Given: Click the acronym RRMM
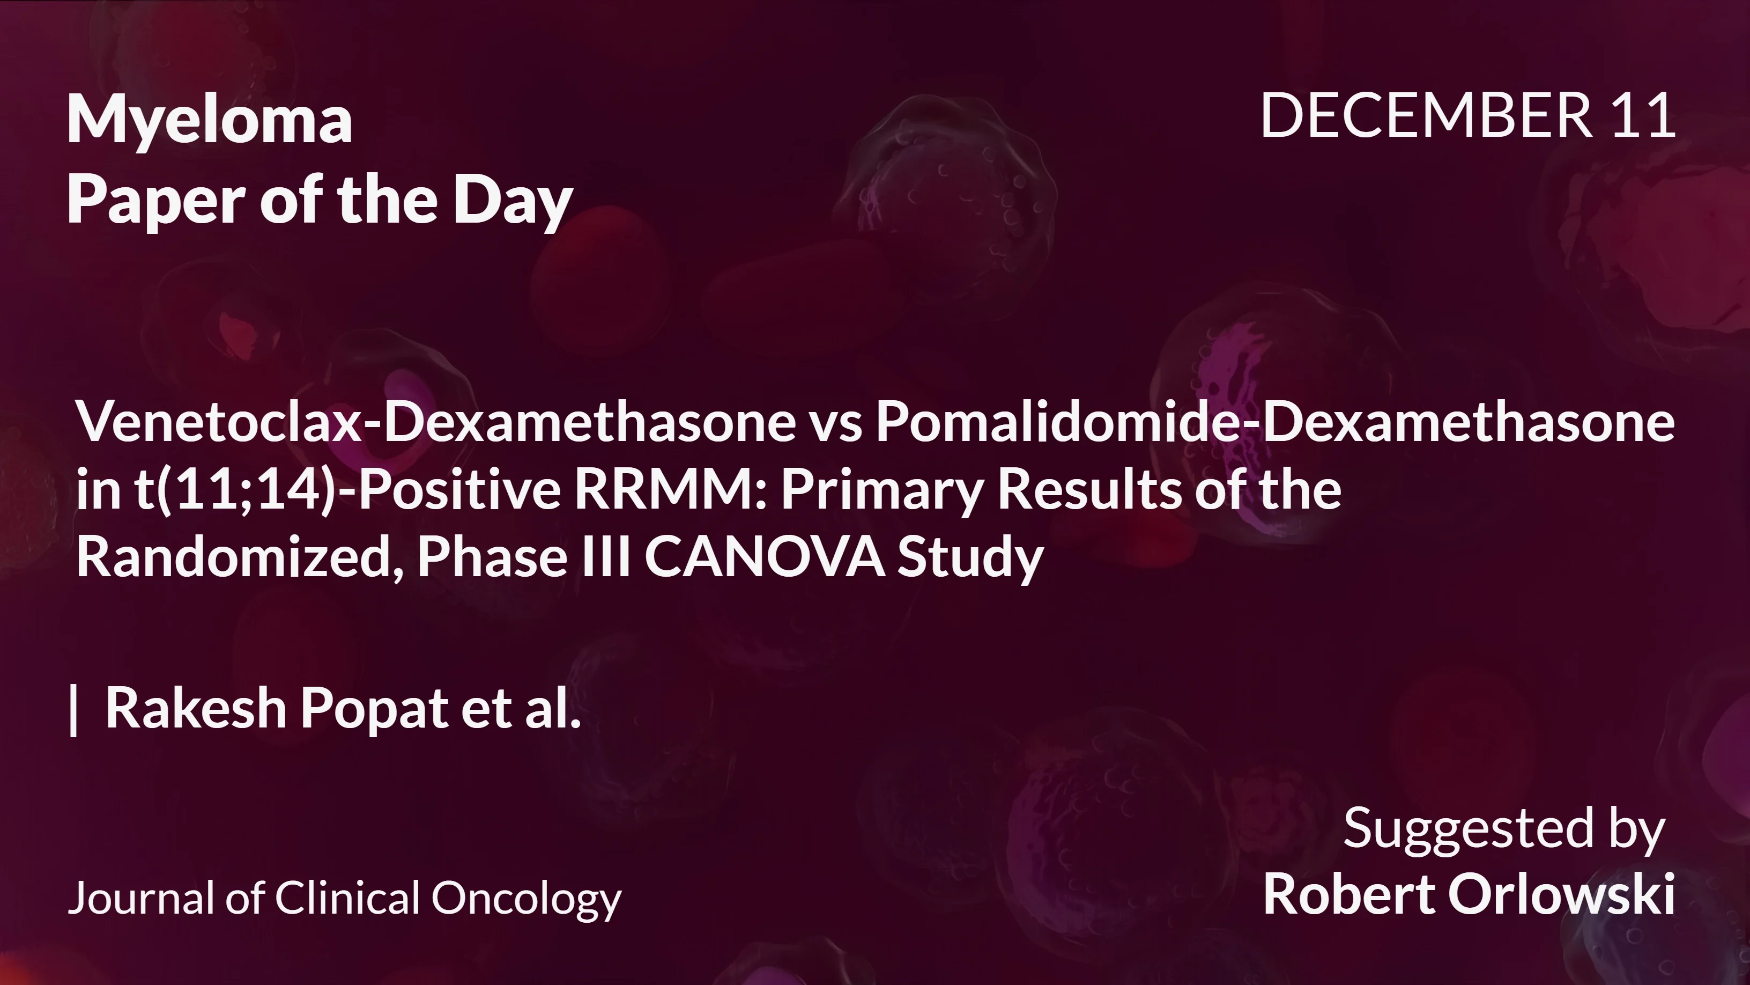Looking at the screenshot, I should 669,489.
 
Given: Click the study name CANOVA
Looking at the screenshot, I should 764,556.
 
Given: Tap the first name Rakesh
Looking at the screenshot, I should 196,708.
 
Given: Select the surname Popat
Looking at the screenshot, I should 374,708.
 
